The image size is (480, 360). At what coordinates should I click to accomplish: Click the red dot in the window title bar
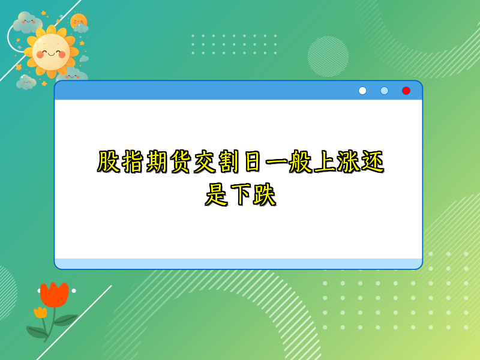click(406, 91)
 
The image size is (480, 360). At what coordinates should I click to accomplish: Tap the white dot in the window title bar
click(362, 91)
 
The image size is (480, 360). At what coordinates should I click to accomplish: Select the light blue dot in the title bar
click(385, 91)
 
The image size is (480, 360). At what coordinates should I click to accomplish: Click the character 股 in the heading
click(109, 163)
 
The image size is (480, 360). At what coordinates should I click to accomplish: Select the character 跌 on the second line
click(265, 196)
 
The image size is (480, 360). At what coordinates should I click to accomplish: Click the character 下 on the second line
click(240, 196)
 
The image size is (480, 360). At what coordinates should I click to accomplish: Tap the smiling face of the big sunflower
click(51, 52)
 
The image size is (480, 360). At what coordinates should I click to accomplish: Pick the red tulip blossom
click(54, 295)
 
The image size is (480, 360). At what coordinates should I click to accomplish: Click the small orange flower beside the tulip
click(40, 312)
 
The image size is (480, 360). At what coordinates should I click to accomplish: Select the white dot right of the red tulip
click(74, 290)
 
